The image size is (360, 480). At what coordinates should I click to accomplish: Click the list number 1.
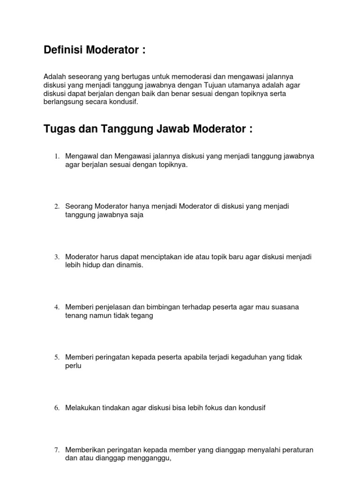tap(56, 157)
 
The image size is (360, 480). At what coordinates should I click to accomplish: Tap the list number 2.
tap(56, 207)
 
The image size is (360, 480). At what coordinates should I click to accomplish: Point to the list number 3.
tap(56, 257)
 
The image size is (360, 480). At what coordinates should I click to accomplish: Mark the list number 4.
tap(56, 307)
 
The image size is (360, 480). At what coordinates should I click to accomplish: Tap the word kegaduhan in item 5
tap(251, 357)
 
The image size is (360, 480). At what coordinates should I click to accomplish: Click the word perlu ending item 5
tap(73, 366)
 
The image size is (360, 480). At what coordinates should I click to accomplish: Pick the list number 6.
tap(56, 408)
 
